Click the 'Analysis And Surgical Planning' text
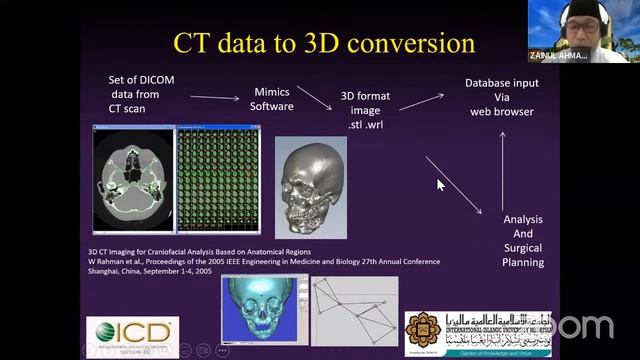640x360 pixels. [x=522, y=240]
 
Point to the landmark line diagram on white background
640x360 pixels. [x=354, y=308]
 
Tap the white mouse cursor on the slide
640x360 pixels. [x=440, y=185]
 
